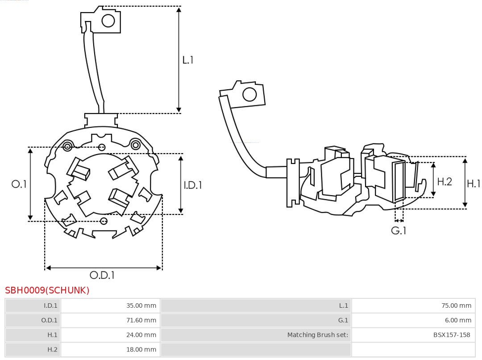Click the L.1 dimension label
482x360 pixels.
click(188, 60)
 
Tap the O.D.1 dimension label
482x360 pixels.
click(102, 276)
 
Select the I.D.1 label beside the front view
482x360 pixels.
click(193, 185)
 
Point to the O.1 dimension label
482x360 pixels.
click(19, 184)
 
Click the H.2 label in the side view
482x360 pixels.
click(444, 181)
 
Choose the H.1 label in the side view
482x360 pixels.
click(473, 183)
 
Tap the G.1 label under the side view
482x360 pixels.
click(399, 231)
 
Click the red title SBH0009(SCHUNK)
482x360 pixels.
click(47, 290)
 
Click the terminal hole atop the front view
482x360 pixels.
click(108, 21)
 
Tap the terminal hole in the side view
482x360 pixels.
click(249, 95)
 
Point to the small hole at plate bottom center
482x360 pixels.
click(104, 221)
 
